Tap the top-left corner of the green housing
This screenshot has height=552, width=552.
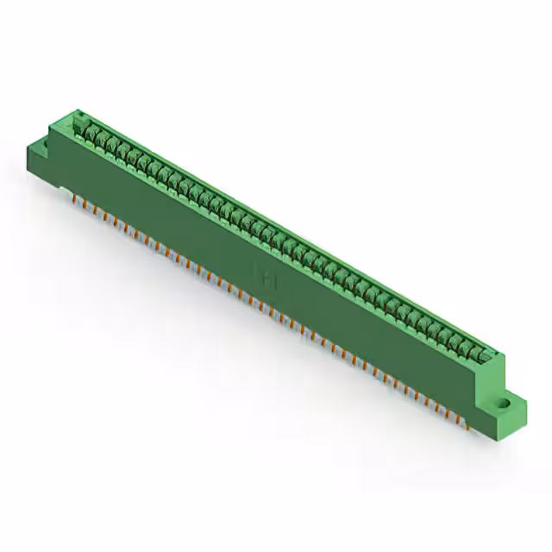tap(75, 111)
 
